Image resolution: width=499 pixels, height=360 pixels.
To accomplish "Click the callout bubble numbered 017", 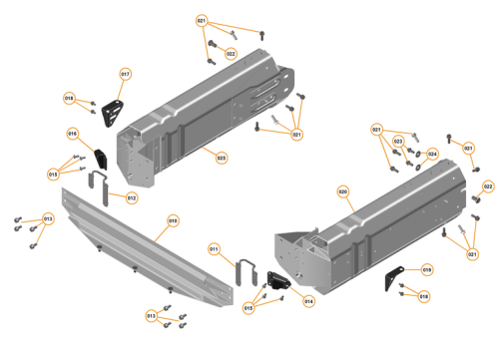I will [x=126, y=74].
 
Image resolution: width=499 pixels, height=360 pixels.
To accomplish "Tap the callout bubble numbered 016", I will [x=73, y=133].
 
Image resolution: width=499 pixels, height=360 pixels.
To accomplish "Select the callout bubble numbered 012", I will [x=131, y=196].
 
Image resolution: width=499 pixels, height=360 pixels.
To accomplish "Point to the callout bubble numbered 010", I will [x=172, y=219].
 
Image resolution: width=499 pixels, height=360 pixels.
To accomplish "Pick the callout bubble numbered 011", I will [x=214, y=247].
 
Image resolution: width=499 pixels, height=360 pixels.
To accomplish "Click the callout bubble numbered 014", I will [x=308, y=300].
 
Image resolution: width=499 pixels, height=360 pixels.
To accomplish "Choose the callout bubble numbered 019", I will [x=426, y=269].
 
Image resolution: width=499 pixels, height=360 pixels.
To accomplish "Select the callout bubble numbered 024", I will [x=432, y=154].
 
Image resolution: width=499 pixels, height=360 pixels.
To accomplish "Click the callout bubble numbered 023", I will [x=221, y=157].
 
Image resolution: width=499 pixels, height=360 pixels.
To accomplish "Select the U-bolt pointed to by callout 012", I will [x=100, y=184].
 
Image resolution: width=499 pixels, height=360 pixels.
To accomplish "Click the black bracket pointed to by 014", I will [x=276, y=282].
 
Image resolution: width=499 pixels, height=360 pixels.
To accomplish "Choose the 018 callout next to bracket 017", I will [x=69, y=98].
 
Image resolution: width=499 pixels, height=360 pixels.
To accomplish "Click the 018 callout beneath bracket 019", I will [x=423, y=296].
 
